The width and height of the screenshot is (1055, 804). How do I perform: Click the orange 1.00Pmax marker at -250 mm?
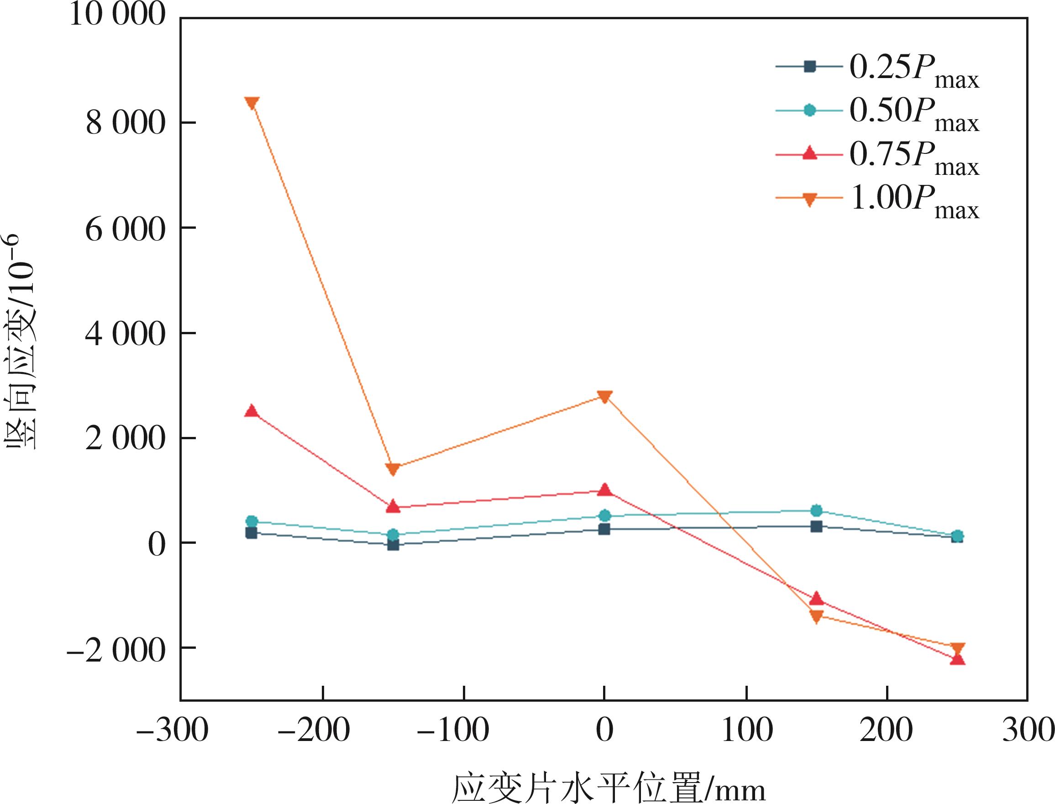(252, 103)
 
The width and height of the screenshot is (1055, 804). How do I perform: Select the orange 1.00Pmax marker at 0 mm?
(604, 396)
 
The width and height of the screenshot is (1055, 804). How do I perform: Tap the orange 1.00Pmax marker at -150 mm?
(393, 469)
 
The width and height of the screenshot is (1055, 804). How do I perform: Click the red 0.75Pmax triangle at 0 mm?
(604, 489)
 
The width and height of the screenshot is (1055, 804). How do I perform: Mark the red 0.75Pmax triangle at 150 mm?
(816, 598)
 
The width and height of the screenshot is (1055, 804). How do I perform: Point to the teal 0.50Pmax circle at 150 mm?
(816, 510)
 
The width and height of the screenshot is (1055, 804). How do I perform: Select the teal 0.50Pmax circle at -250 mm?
(252, 522)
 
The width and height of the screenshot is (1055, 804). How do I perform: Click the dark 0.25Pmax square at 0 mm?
(604, 529)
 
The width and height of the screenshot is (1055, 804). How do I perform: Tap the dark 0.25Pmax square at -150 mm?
(393, 545)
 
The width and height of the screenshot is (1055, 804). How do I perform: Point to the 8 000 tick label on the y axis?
(126, 123)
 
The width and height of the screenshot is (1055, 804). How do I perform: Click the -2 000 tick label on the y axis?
(116, 651)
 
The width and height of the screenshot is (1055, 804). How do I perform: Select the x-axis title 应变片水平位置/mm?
(608, 787)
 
